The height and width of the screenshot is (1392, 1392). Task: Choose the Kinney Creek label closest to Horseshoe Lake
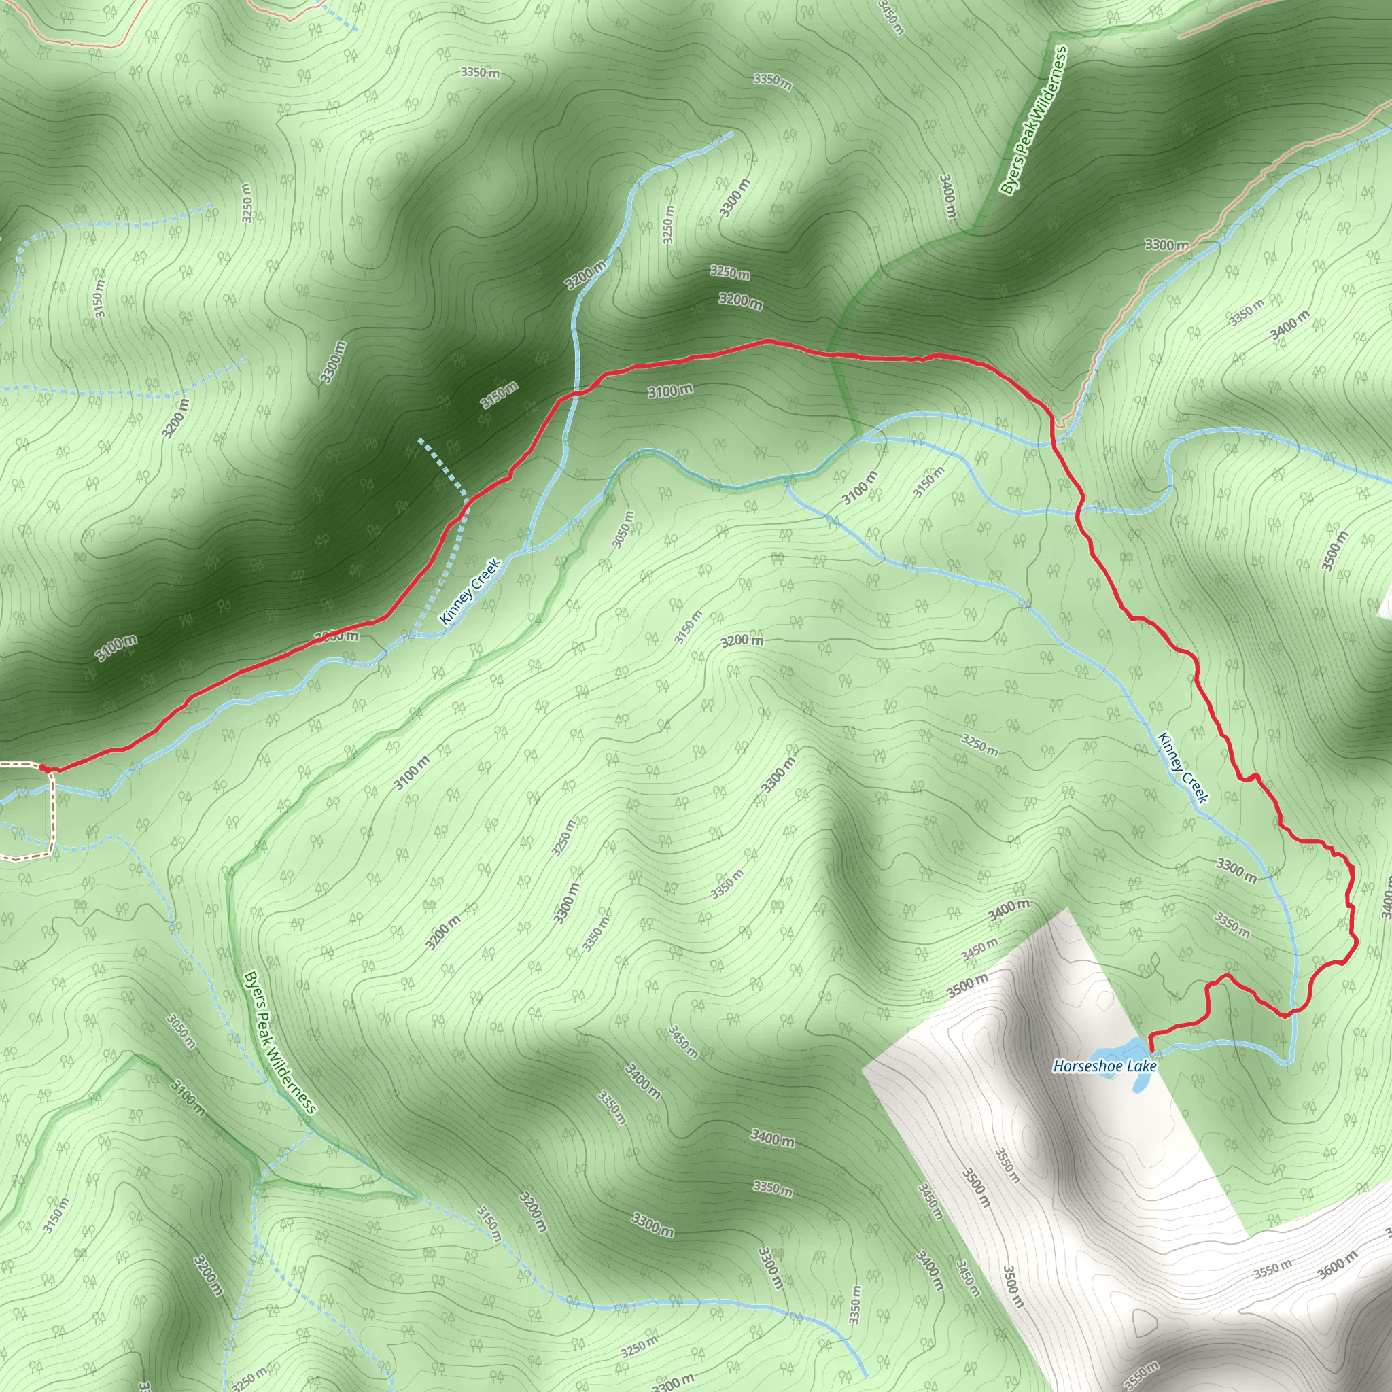click(x=1183, y=767)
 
